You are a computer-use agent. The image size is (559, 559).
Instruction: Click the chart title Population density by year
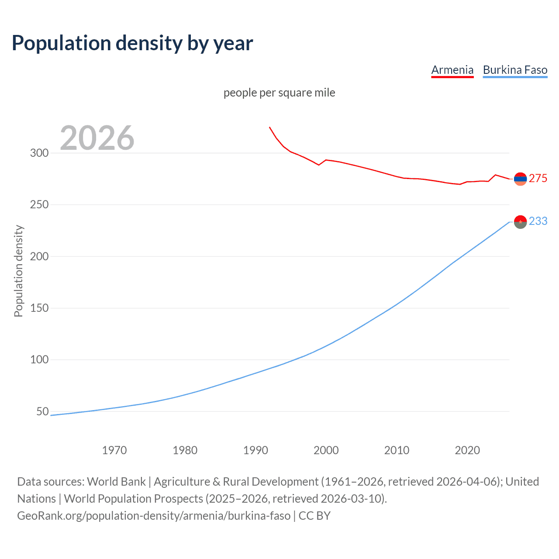(132, 43)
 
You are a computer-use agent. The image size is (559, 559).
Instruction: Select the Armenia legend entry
(452, 70)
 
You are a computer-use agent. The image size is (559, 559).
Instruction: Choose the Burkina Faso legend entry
(515, 70)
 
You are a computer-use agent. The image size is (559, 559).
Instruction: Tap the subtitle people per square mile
(279, 93)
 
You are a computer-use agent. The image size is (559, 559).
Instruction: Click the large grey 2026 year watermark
(97, 138)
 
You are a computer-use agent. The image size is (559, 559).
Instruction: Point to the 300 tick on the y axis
(39, 153)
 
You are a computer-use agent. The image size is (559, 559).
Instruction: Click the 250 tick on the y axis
(39, 204)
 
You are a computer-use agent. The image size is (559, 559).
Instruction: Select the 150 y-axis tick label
(39, 308)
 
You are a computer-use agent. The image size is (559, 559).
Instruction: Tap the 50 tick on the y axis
(42, 411)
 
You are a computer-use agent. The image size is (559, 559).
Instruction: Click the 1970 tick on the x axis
(114, 450)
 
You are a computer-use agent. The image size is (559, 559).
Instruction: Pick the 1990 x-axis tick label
(255, 450)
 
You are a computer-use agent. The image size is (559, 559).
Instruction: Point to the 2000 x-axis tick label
(326, 450)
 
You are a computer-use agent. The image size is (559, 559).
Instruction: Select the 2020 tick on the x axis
(467, 450)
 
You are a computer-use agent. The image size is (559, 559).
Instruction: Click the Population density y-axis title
(18, 271)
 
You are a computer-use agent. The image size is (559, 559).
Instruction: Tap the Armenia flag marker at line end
(520, 179)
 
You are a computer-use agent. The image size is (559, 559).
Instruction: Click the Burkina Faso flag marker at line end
(520, 222)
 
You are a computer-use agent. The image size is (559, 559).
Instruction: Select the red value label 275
(538, 178)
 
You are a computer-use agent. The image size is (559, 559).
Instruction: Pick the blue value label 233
(538, 221)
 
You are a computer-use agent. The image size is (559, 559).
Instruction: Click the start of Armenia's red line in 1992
(269, 127)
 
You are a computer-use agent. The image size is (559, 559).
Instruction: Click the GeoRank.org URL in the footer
(154, 516)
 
